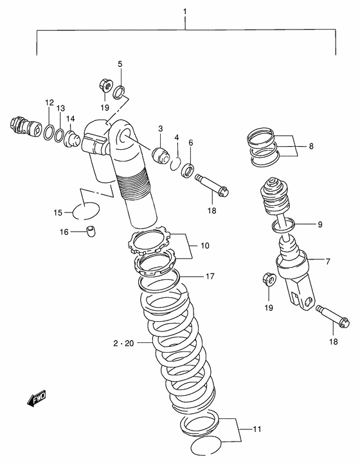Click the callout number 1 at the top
click(x=184, y=11)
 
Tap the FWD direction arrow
click(x=37, y=400)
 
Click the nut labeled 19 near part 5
click(x=105, y=84)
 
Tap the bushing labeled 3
click(x=158, y=155)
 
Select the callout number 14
click(x=71, y=119)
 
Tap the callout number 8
click(x=311, y=146)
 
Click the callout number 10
click(x=206, y=245)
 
